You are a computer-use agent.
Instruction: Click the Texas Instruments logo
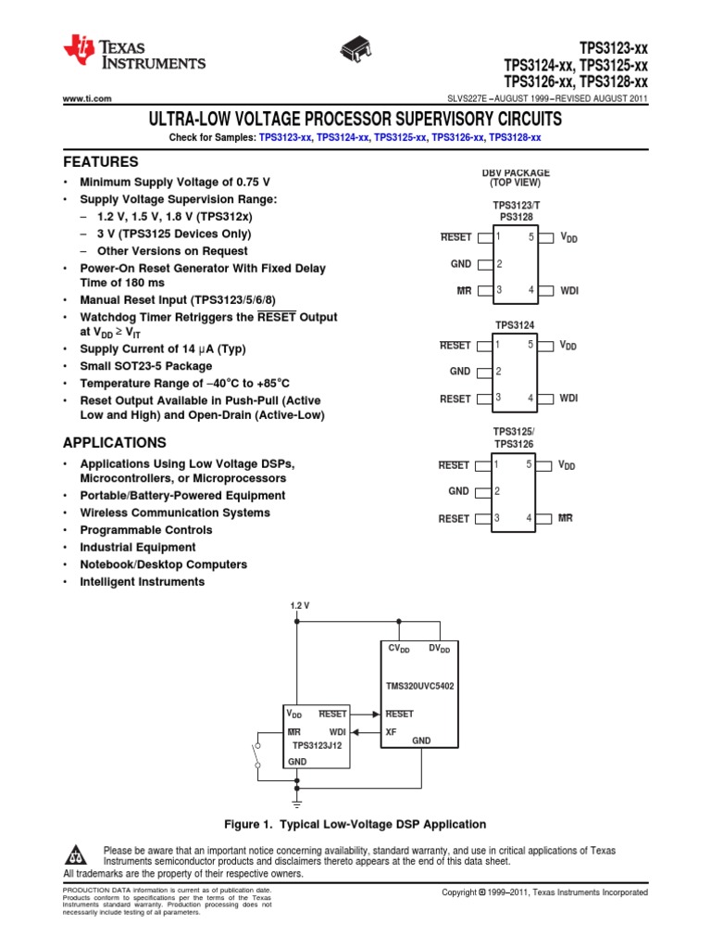pyautogui.click(x=134, y=55)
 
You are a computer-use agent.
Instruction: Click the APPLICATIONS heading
pyautogui.click(x=115, y=443)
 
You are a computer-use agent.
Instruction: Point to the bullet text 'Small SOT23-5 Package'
pyautogui.click(x=153, y=366)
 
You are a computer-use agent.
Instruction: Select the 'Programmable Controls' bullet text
pyautogui.click(x=145, y=530)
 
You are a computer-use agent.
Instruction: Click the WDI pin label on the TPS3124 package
pyautogui.click(x=568, y=399)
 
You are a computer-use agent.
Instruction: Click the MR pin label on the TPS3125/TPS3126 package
pyautogui.click(x=566, y=519)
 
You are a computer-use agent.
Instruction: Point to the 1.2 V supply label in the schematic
pyautogui.click(x=299, y=605)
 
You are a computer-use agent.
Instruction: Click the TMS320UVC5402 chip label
pyautogui.click(x=419, y=686)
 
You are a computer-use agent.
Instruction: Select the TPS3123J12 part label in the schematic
pyautogui.click(x=317, y=744)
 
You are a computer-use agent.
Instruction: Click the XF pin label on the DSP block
pyautogui.click(x=391, y=731)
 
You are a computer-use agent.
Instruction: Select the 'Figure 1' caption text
pyautogui.click(x=355, y=824)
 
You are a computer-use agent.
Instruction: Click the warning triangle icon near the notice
pyautogui.click(x=78, y=854)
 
